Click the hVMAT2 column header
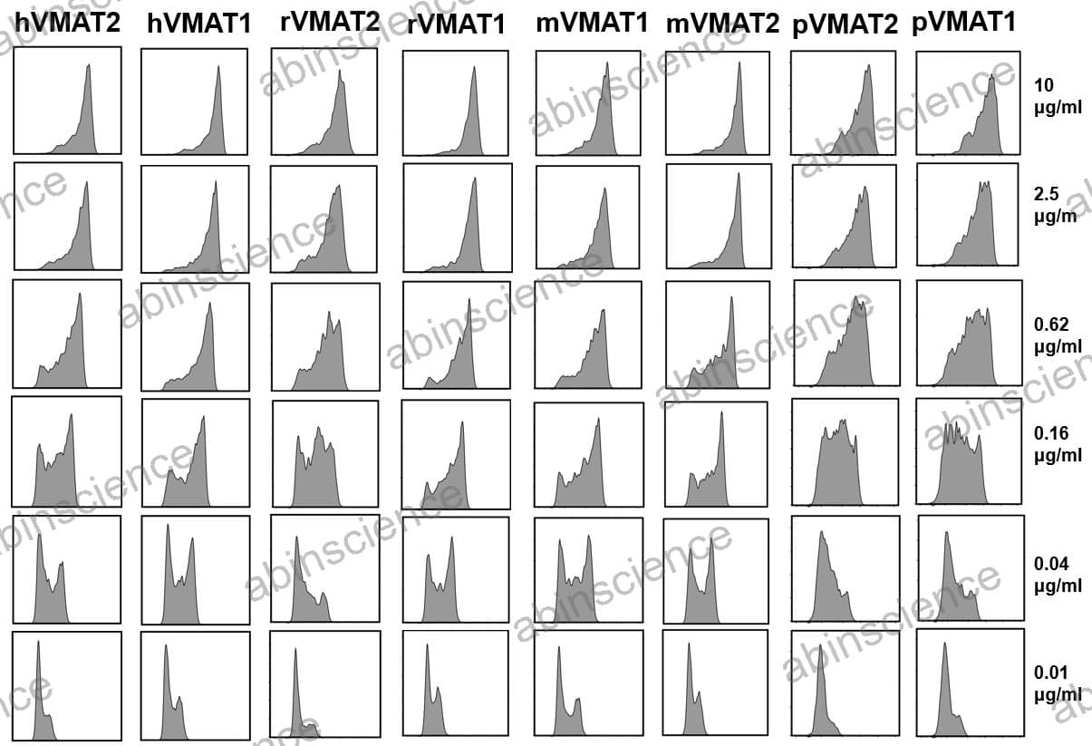tap(66, 24)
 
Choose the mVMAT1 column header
tap(592, 24)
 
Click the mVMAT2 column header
tap(722, 24)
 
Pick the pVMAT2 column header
tap(845, 24)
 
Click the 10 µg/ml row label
tap(1057, 95)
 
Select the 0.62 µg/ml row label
tap(1058, 334)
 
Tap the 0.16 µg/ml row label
tap(1058, 444)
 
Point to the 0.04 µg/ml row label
tap(1058, 574)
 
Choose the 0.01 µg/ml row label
tap(1058, 683)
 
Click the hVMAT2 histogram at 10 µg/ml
tap(67, 101)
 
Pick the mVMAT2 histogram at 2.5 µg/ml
tap(719, 217)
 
